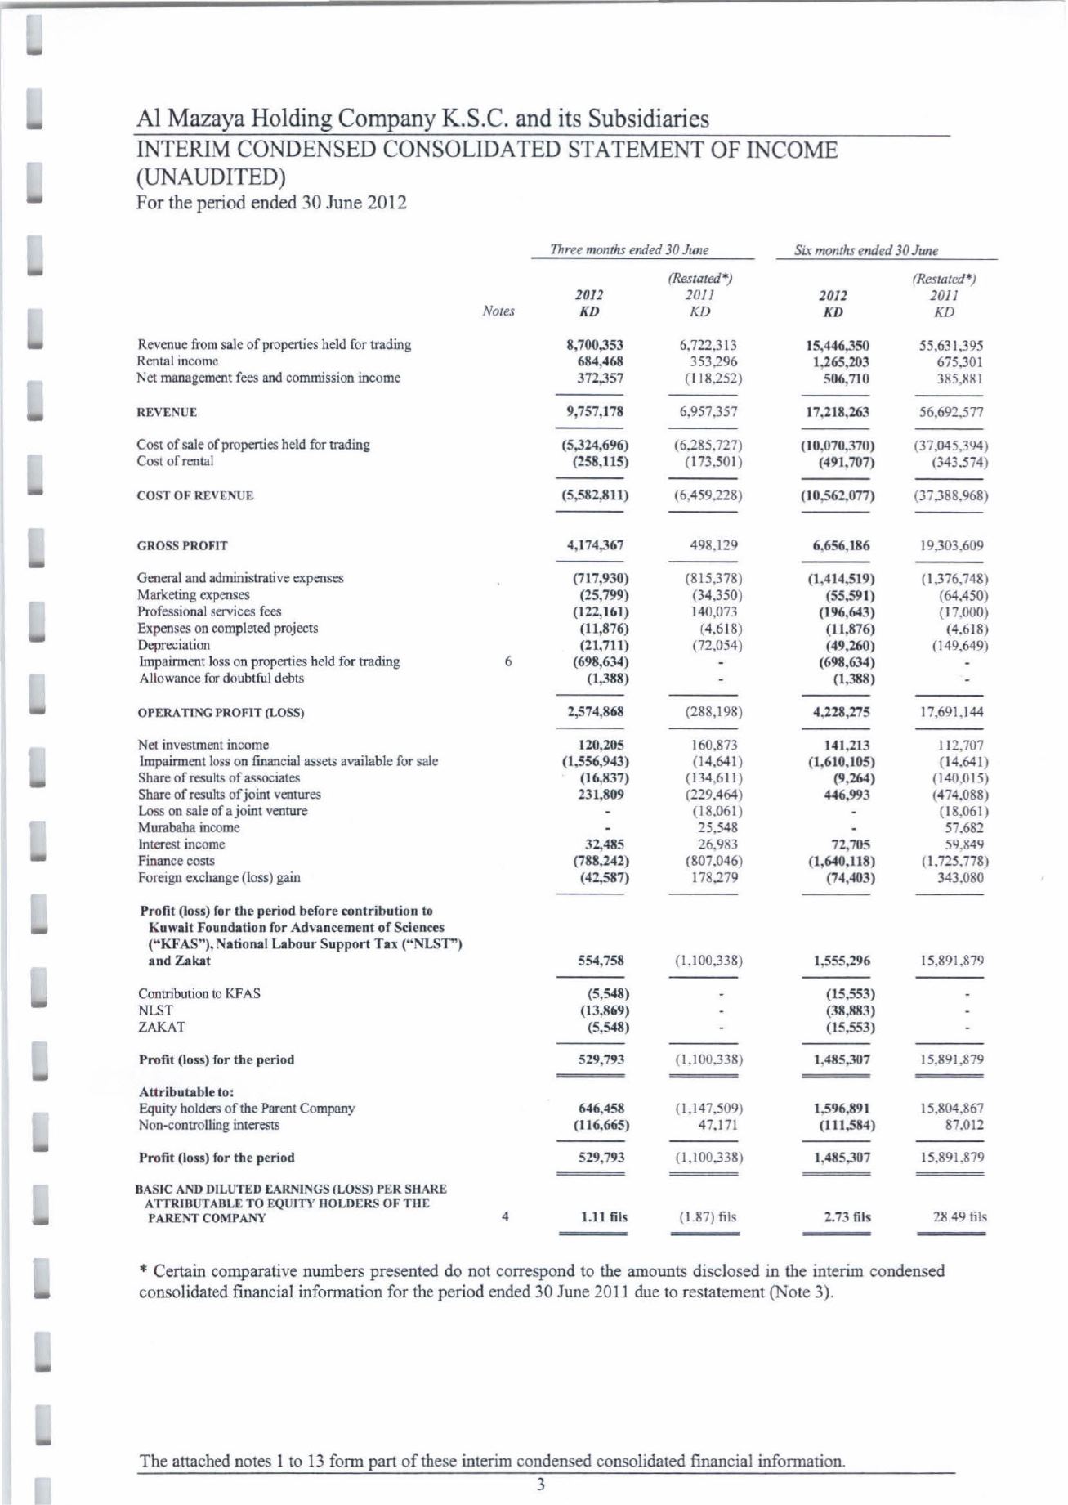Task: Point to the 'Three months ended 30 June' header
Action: [629, 250]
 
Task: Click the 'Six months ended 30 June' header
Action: [866, 250]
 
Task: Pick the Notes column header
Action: [498, 311]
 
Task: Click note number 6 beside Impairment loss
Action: [508, 661]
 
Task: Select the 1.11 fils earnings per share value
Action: [604, 1216]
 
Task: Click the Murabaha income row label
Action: [189, 827]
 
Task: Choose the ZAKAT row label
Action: [161, 1027]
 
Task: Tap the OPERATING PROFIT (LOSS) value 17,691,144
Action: [950, 712]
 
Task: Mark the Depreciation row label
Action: [173, 645]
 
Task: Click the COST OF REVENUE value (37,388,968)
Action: [948, 495]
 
